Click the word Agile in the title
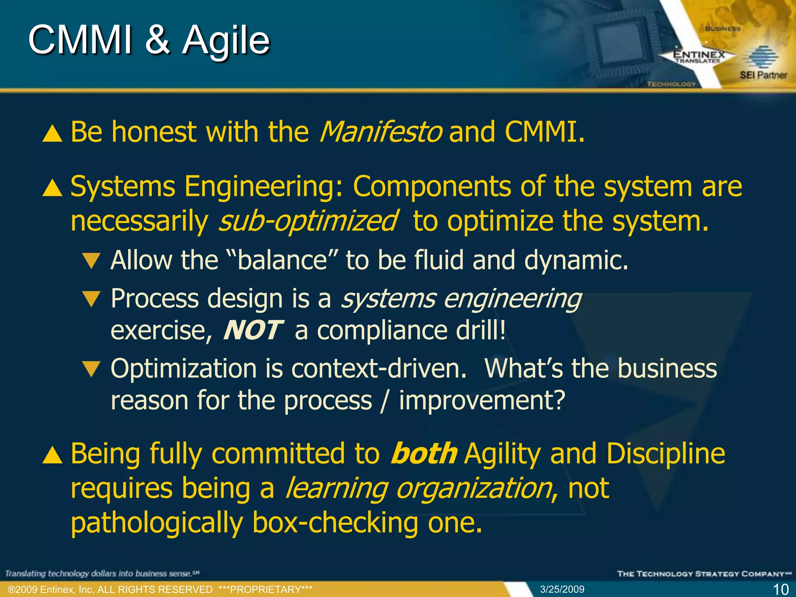pyautogui.click(x=226, y=41)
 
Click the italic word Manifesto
pyautogui.click(x=381, y=133)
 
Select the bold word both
pyautogui.click(x=424, y=454)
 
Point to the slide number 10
pyautogui.click(x=780, y=589)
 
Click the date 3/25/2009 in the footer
pyautogui.click(x=562, y=589)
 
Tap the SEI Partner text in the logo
pyautogui.click(x=763, y=75)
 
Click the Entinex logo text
pyautogui.click(x=699, y=55)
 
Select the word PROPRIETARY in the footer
pyautogui.click(x=265, y=590)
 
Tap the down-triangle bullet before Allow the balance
pyautogui.click(x=92, y=261)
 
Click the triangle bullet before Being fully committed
pyautogui.click(x=52, y=456)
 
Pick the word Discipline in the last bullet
pyautogui.click(x=665, y=454)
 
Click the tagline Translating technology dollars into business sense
pyautogui.click(x=102, y=574)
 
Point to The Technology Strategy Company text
pyautogui.click(x=704, y=574)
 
